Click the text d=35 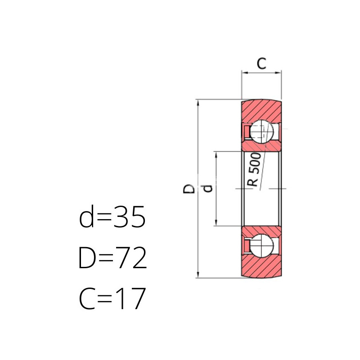(x=112, y=216)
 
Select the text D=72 (x=112, y=257)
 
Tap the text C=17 (x=112, y=298)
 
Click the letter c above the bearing (x=261, y=63)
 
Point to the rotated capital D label (x=189, y=189)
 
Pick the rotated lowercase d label (x=207, y=188)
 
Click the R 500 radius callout (x=254, y=170)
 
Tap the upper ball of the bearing (x=261, y=132)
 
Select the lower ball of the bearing (x=261, y=246)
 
